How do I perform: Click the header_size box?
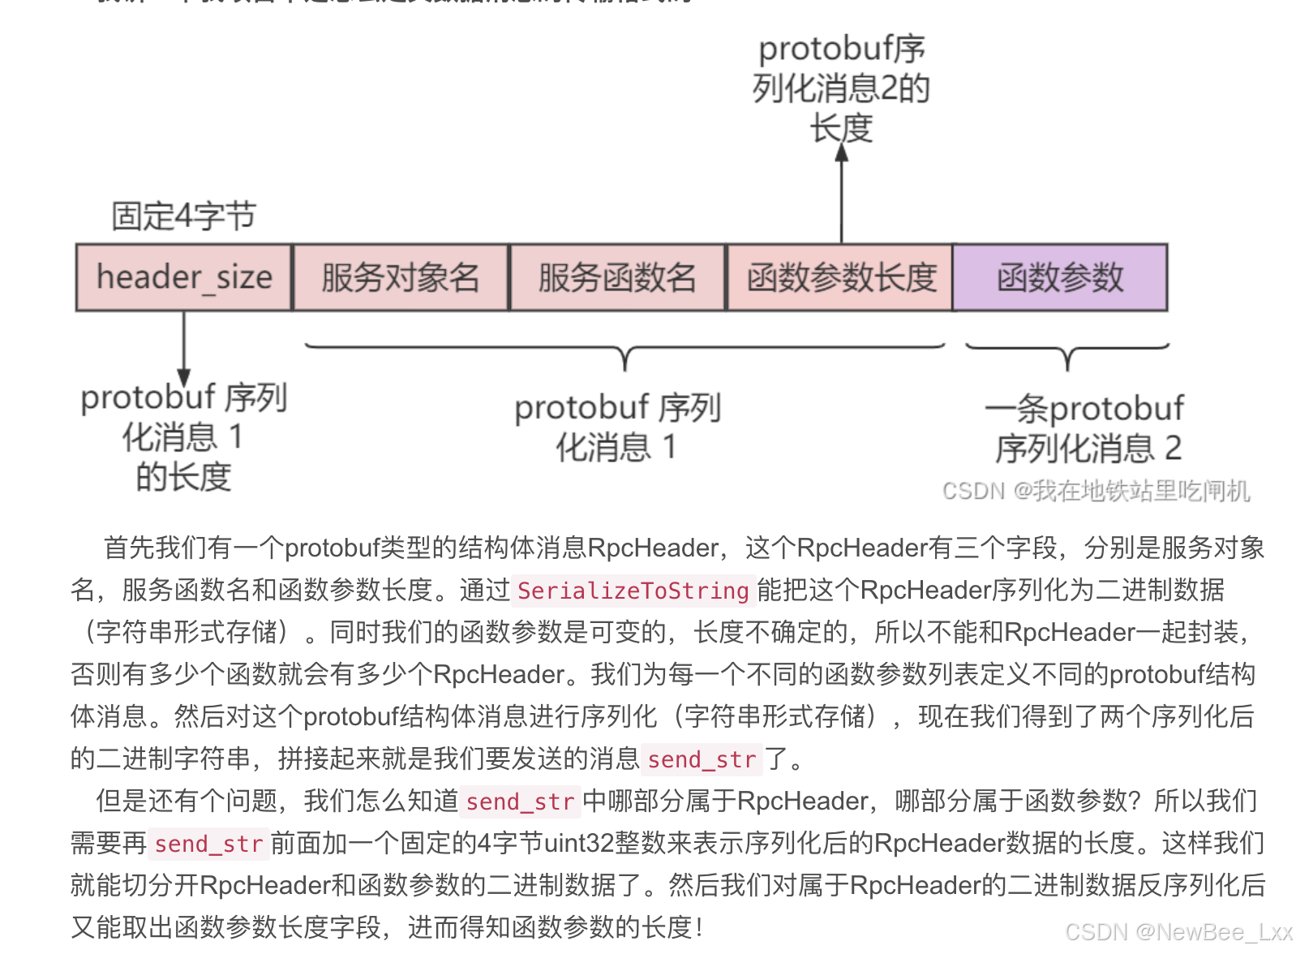click(x=184, y=277)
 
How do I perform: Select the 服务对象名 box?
click(x=401, y=277)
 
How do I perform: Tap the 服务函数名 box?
click(x=617, y=277)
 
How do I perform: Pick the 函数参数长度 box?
click(x=840, y=277)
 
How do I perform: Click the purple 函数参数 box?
click(x=1060, y=277)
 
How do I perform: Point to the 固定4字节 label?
click(x=183, y=217)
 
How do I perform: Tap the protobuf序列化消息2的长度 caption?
click(x=842, y=88)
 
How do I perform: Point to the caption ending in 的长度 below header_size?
click(x=183, y=437)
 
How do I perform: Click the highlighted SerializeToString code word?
click(x=633, y=591)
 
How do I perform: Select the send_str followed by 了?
click(x=702, y=759)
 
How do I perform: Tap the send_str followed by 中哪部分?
click(x=520, y=801)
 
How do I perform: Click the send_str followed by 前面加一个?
click(x=208, y=844)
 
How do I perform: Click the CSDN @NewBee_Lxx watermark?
click(x=1178, y=932)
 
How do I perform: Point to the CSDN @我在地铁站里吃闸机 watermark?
click(x=1096, y=491)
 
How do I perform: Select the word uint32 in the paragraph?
click(x=579, y=844)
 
